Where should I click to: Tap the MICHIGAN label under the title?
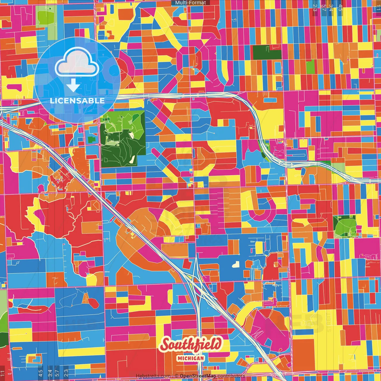191,358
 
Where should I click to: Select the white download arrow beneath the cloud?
73,86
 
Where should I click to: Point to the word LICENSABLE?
77,101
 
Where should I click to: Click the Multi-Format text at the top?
190,3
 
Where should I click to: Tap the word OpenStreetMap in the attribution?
198,376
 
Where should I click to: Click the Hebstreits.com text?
153,376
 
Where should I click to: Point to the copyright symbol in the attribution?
176,376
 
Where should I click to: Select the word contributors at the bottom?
231,376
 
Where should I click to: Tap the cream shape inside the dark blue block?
235,264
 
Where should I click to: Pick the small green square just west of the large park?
90,139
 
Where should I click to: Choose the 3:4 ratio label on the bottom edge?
50,372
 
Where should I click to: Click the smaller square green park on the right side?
345,226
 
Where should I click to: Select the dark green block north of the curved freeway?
267,52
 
